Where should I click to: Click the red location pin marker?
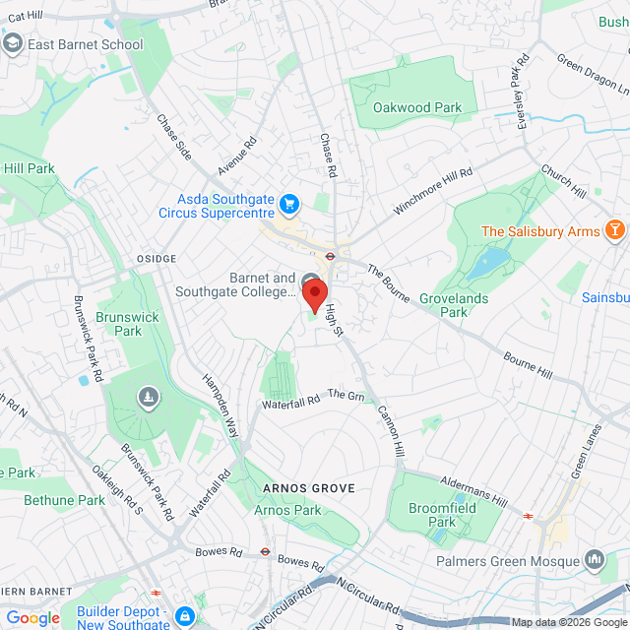(x=313, y=294)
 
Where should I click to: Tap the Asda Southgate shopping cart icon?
(x=288, y=204)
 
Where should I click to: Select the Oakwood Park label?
(x=417, y=107)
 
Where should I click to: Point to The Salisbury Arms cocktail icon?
(x=615, y=231)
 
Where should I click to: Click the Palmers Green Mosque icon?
(x=595, y=561)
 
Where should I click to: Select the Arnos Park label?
(x=287, y=510)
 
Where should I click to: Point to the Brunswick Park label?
(x=119, y=324)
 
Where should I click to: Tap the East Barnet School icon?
(x=14, y=44)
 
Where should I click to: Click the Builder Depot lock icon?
(x=184, y=617)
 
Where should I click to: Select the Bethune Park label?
(x=64, y=500)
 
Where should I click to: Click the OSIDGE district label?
(x=154, y=258)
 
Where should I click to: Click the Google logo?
(x=32, y=618)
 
